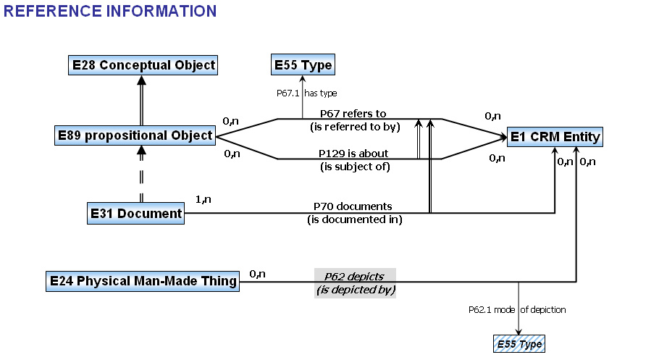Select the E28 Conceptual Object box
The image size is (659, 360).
tap(143, 65)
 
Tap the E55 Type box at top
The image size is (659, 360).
tap(303, 65)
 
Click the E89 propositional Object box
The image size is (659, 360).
tap(135, 135)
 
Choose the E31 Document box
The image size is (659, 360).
tap(135, 214)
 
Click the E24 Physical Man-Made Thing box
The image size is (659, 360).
tap(143, 281)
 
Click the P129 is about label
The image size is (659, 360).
tap(353, 154)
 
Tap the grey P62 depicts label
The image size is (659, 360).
tap(354, 276)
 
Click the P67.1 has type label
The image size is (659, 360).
tap(307, 93)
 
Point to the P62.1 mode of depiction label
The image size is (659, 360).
tap(517, 309)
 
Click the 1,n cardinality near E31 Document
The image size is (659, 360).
tap(203, 199)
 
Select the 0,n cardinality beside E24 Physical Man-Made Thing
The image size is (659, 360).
tap(257, 273)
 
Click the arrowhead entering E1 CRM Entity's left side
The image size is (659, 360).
tap(500, 136)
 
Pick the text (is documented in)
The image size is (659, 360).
tap(354, 219)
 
